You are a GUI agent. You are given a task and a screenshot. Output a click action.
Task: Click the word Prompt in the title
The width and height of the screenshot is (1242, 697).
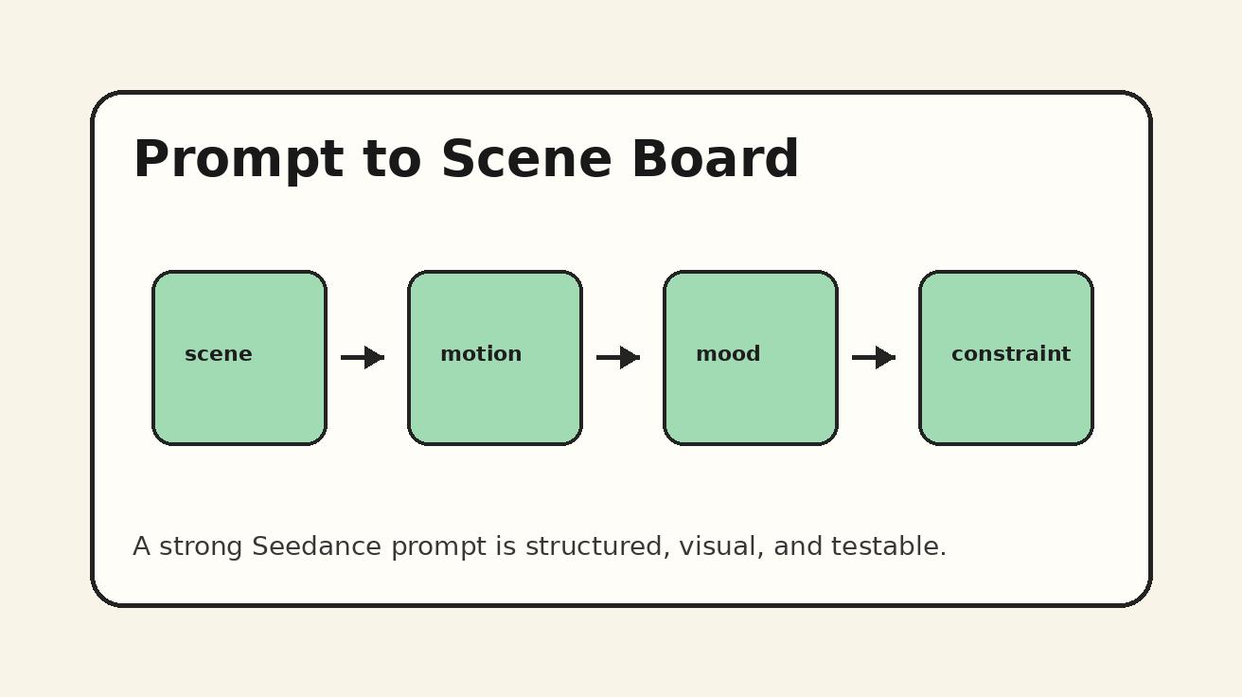(x=238, y=160)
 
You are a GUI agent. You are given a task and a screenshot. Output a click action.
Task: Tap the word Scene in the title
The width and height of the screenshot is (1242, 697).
(x=525, y=160)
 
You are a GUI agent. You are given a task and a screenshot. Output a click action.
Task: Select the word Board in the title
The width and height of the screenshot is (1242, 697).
(x=715, y=160)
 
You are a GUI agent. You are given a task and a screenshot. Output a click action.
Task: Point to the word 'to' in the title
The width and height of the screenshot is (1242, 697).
(x=391, y=160)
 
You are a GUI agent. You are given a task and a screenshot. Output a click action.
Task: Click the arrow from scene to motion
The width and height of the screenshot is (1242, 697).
(x=363, y=357)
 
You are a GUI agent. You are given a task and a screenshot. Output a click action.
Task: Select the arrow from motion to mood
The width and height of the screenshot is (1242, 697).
(x=618, y=357)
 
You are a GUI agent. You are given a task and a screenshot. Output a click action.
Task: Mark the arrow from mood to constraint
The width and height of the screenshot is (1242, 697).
(x=874, y=357)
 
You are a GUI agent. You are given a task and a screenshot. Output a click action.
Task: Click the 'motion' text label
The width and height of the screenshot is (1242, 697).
(x=481, y=354)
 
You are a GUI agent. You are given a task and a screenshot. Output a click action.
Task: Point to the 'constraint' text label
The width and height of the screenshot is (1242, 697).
(x=1010, y=354)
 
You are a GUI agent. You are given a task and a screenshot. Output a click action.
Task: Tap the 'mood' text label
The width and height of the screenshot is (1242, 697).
(x=728, y=354)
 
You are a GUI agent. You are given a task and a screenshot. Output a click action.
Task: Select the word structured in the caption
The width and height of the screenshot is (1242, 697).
(x=597, y=547)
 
